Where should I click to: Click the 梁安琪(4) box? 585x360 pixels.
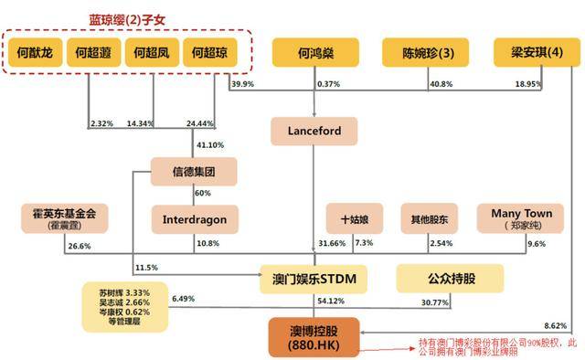(532, 53)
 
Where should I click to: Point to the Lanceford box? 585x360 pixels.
(314, 132)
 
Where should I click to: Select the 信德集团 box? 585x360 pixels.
(194, 172)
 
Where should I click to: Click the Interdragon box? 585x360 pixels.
(194, 219)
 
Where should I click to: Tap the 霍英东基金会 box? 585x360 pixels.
(63, 219)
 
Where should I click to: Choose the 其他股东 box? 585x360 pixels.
(427, 219)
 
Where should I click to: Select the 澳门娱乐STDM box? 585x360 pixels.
(314, 276)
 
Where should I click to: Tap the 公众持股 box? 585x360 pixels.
(449, 276)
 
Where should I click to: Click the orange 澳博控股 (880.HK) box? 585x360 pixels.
(314, 335)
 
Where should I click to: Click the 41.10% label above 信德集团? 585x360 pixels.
(210, 144)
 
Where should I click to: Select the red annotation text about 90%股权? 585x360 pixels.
(484, 347)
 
